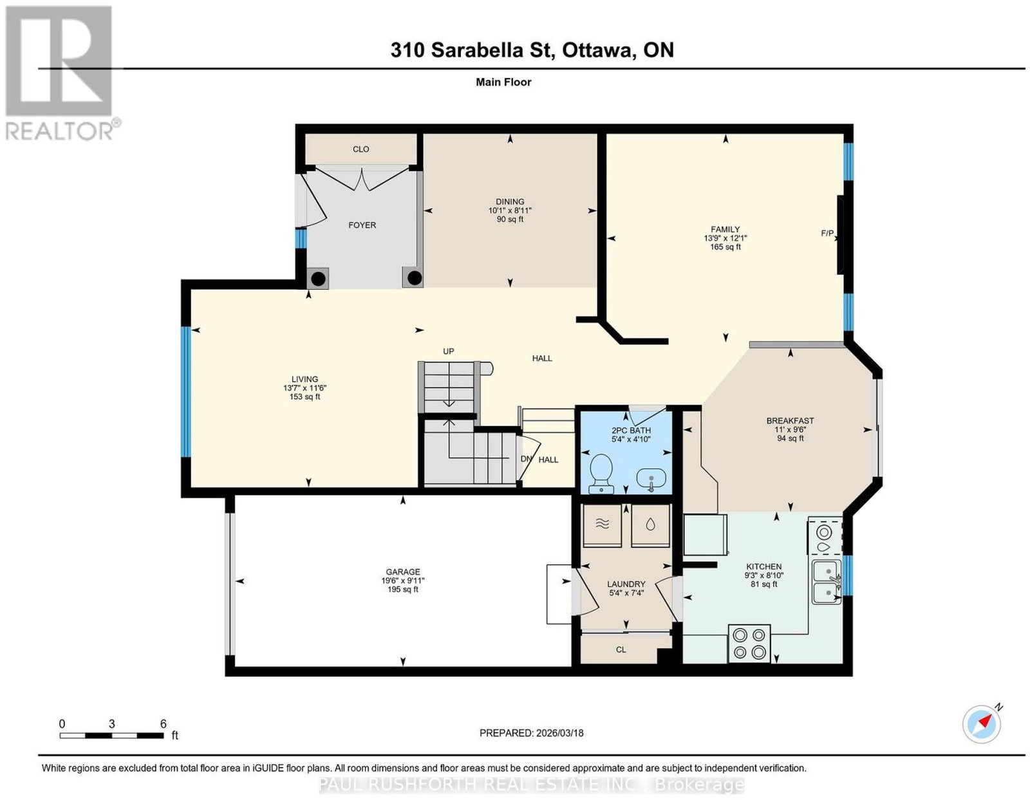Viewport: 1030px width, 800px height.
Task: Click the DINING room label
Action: [510, 201]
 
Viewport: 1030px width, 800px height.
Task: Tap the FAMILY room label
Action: [725, 229]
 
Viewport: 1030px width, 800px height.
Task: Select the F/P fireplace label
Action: [827, 234]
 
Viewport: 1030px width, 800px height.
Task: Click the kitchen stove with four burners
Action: [749, 643]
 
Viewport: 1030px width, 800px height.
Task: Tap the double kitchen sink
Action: [827, 582]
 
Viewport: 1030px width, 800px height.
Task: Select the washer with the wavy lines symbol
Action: [601, 526]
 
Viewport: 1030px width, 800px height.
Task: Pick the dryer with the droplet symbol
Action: [650, 526]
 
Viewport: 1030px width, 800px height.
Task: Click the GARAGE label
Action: [402, 572]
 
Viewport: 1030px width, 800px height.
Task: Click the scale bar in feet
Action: [112, 736]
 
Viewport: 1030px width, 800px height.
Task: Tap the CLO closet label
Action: [360, 149]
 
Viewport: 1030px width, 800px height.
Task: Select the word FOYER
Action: [362, 225]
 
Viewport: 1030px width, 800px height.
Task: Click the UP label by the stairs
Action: [449, 351]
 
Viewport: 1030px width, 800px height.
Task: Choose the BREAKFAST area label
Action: [790, 421]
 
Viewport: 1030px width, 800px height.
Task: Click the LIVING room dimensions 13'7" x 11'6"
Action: [304, 388]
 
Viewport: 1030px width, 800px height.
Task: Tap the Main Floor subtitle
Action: [503, 82]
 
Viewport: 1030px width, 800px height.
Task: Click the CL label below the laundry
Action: [621, 650]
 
